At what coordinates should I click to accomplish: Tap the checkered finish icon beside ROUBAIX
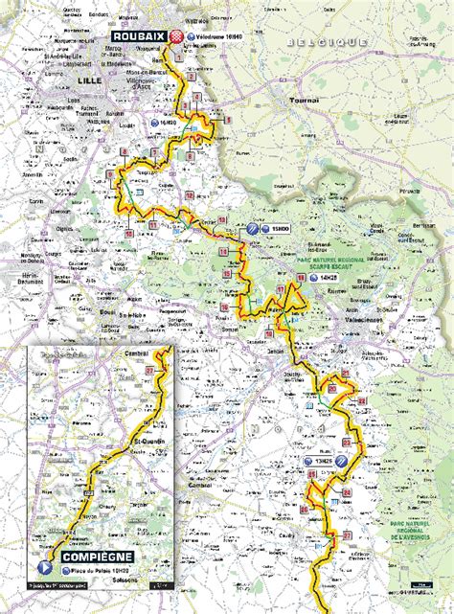point(178,36)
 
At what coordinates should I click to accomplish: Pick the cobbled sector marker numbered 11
point(153,224)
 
